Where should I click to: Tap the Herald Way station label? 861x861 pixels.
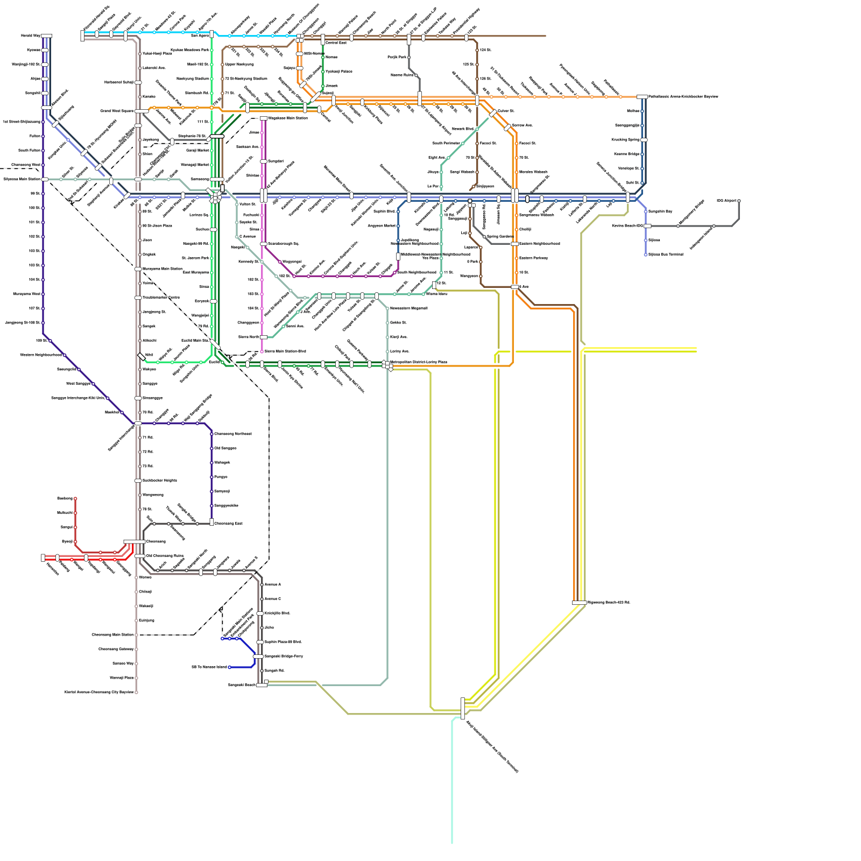30,36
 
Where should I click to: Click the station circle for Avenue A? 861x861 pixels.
262,584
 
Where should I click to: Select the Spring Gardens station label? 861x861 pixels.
499,237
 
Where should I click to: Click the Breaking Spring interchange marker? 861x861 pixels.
644,140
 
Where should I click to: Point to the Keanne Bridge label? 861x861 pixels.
626,154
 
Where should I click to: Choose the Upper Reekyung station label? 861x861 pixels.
239,65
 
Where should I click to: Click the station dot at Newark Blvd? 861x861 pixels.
477,129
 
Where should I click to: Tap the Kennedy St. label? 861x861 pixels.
249,262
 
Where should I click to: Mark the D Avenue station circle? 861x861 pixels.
237,237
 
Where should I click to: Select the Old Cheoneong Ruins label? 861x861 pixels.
165,556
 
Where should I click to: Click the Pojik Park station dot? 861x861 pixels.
409,58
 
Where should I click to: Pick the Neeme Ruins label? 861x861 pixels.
401,75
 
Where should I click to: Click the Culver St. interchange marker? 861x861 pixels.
492,113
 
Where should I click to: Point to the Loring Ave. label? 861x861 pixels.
399,351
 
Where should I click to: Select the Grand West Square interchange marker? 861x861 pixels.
141,111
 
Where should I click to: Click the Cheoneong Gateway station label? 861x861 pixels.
116,650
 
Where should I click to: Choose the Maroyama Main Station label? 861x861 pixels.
162,269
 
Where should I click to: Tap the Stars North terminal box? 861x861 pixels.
264,337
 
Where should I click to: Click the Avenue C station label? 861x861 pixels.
272,599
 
